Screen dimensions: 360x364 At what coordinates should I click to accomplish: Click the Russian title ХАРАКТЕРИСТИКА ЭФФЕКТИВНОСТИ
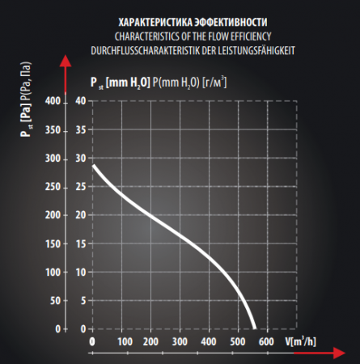pos(193,23)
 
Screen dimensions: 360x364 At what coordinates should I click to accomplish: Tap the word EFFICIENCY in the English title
pos(248,36)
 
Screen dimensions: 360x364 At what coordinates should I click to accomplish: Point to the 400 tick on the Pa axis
pos(53,101)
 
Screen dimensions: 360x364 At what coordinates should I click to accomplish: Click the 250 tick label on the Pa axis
pos(53,187)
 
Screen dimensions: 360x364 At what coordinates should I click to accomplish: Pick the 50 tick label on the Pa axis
pos(55,300)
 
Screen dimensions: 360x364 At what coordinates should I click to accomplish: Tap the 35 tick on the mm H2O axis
pos(81,130)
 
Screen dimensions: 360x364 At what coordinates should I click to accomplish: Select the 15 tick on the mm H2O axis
pos(81,243)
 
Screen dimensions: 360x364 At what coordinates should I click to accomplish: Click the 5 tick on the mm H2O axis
pos(83,300)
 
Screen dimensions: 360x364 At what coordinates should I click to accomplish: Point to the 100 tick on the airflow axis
pos(125,342)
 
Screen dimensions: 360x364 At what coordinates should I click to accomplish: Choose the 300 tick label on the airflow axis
pos(180,342)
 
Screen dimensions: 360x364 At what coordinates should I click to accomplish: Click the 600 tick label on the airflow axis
pos(266,342)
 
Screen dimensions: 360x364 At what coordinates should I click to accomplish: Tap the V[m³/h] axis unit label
pos(301,341)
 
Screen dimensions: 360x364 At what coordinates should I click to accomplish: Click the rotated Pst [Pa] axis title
pos(26,99)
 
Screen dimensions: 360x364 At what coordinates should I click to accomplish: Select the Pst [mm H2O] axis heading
pos(120,83)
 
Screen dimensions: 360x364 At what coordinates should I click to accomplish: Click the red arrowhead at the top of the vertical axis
pos(66,61)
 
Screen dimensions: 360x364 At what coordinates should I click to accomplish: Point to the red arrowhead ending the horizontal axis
pos(339,353)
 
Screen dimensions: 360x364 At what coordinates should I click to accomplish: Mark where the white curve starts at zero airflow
pos(93,165)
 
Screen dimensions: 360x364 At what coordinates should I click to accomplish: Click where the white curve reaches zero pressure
pos(255,328)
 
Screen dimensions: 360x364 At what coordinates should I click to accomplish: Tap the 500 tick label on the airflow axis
pos(238,342)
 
